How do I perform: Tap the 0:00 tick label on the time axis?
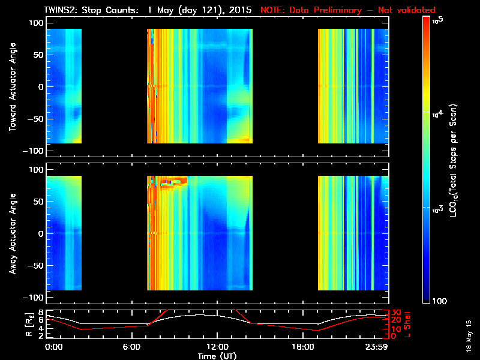click(54, 347)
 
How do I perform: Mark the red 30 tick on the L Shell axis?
click(396, 313)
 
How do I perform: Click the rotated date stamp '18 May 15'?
click(468, 339)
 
